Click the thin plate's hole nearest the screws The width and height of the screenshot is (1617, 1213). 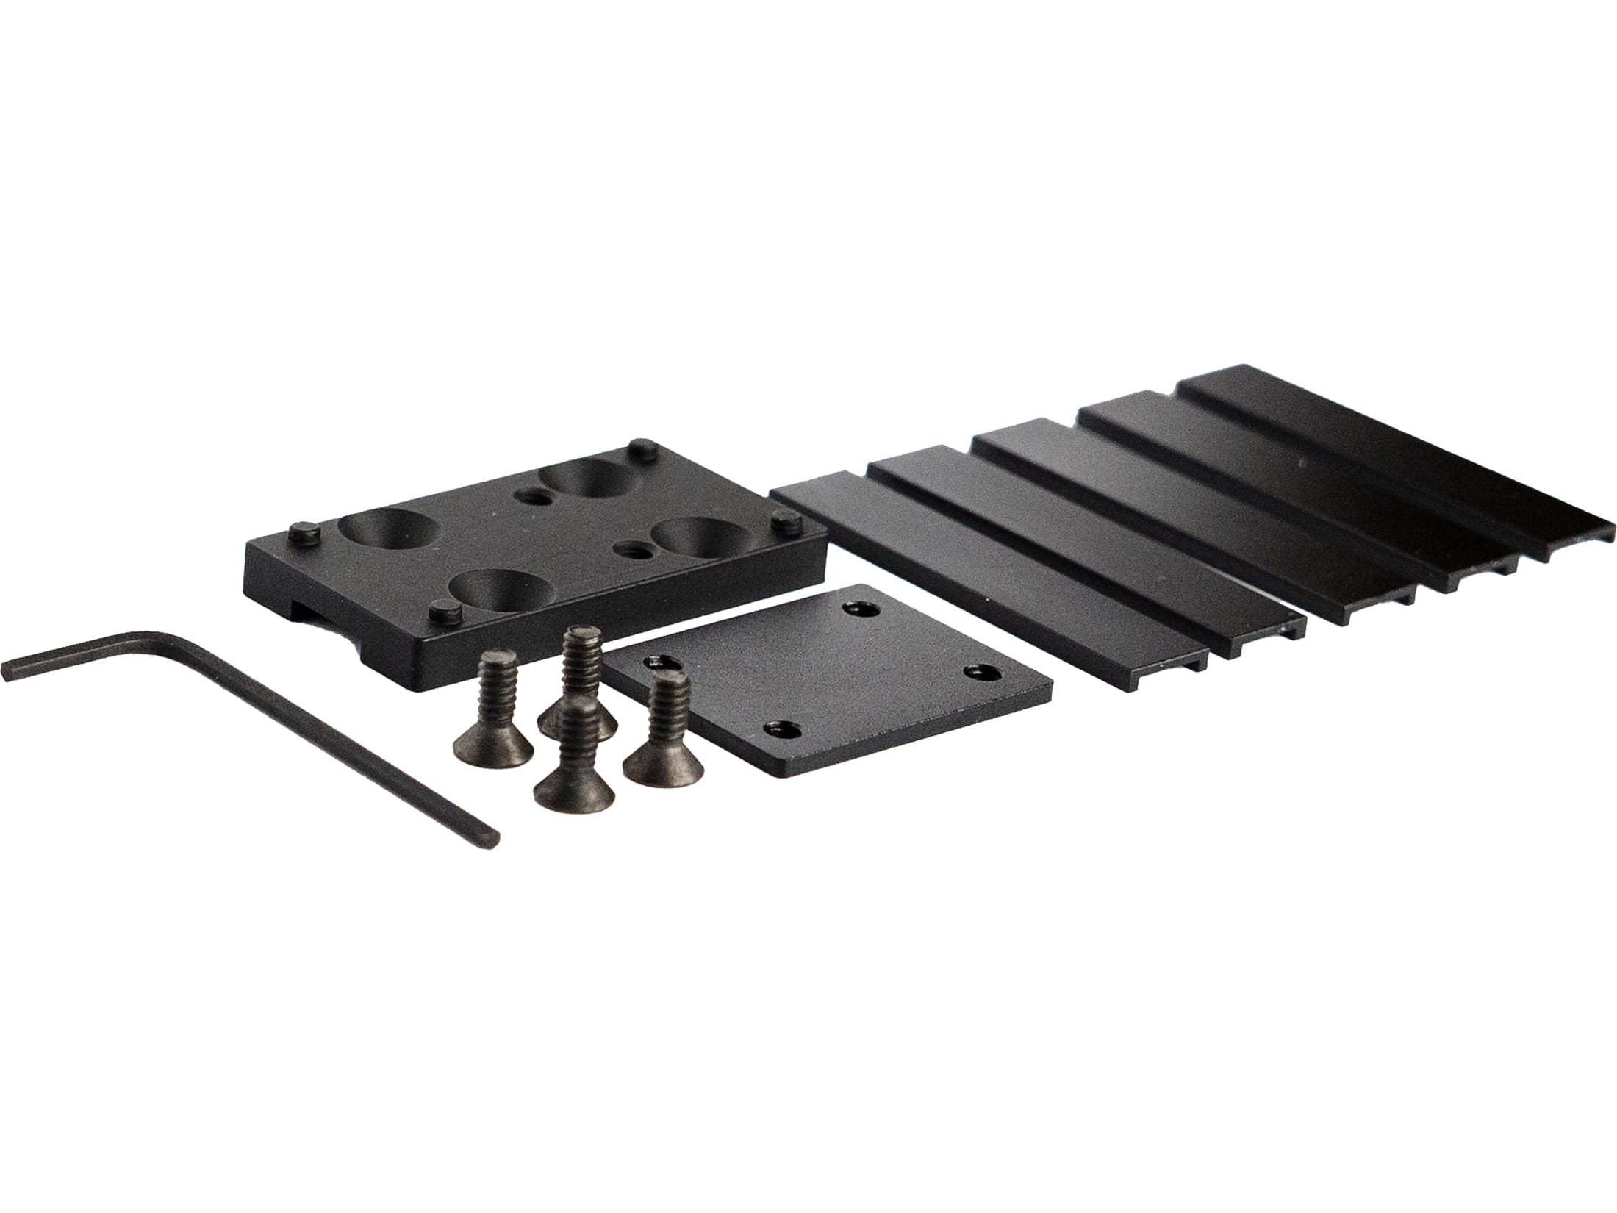pos(659,663)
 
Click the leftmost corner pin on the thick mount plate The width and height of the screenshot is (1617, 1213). pos(303,531)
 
